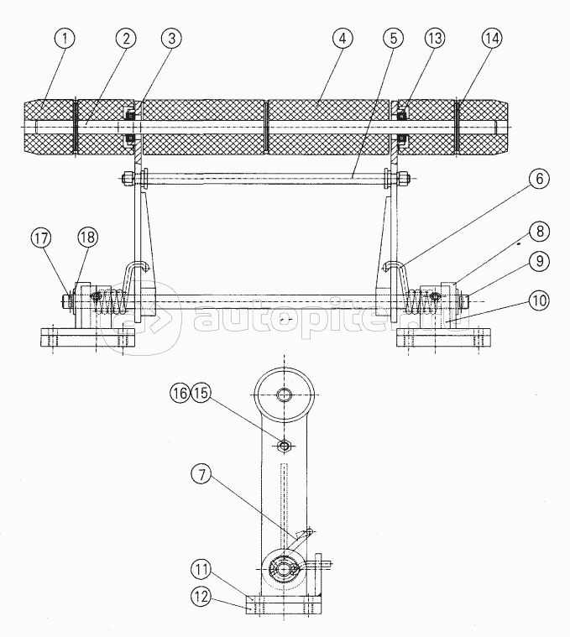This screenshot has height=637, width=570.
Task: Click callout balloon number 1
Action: (64, 39)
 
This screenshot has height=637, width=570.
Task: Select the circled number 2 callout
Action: (126, 39)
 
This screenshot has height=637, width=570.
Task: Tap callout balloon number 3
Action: (171, 39)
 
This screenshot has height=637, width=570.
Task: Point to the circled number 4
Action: (343, 39)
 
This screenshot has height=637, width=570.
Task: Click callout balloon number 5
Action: (393, 39)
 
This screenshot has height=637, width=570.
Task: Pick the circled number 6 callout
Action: (539, 179)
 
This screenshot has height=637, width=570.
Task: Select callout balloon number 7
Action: (202, 474)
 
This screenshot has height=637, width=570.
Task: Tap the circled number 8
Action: (539, 232)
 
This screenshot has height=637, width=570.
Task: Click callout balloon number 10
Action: (539, 300)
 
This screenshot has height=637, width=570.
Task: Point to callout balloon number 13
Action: (435, 39)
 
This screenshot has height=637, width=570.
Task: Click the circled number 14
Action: (492, 39)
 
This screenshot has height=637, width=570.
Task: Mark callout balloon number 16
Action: (180, 394)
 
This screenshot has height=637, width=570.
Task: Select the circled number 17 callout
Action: (41, 238)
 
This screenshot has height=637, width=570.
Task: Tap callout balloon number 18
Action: (88, 238)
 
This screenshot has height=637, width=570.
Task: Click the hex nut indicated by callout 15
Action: (284, 446)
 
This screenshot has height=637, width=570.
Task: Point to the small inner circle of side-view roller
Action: (284, 394)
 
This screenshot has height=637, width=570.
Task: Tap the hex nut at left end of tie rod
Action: (127, 178)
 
